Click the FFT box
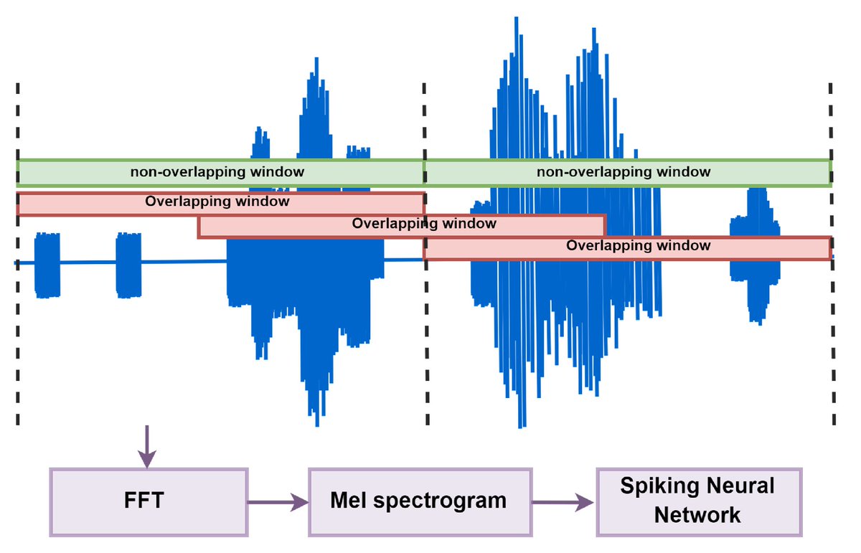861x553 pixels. click(149, 501)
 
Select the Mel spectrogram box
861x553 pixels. click(420, 501)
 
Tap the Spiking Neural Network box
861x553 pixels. click(699, 501)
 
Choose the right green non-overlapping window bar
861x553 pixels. click(627, 173)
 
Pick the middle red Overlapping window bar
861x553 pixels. click(402, 226)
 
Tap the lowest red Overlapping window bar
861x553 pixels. click(627, 247)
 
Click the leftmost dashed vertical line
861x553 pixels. click(17, 323)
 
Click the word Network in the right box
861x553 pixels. click(699, 515)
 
